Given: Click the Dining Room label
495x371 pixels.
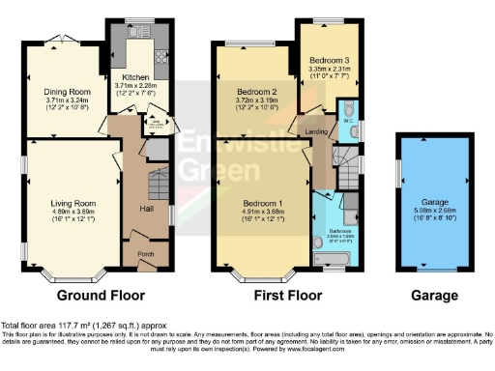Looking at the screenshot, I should pyautogui.click(x=65, y=91).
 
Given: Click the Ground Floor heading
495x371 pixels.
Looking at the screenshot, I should pyautogui.click(x=102, y=295).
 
